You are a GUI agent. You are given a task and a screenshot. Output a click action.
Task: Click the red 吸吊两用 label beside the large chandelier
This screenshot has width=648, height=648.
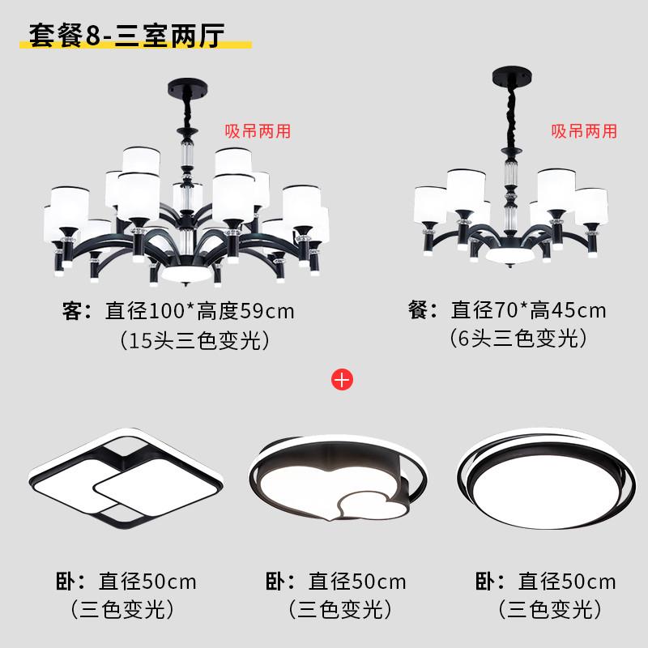tap(258, 130)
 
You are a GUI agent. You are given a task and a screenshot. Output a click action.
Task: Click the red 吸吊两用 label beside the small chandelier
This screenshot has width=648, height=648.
tap(584, 130)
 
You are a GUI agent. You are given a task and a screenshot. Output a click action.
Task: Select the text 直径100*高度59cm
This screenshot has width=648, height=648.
tap(200, 310)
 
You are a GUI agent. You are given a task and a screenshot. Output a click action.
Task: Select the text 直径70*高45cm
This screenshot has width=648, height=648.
tap(528, 309)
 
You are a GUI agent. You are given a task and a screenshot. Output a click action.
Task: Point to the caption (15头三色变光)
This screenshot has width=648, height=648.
tap(194, 340)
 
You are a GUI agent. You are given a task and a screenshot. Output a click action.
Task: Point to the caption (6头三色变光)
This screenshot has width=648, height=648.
tap(518, 339)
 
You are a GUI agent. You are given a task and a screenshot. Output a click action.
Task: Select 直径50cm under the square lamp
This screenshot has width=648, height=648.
tap(147, 581)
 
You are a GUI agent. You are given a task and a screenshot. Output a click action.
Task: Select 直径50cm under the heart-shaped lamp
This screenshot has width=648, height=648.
tap(357, 581)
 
